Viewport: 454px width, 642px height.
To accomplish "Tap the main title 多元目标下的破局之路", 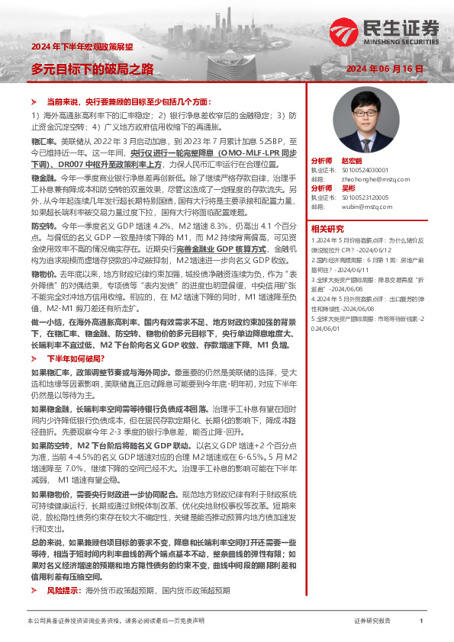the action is (92, 69).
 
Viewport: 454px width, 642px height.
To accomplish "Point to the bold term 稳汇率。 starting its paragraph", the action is (43, 141).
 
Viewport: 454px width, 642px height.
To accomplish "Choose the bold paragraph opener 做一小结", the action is (47, 301).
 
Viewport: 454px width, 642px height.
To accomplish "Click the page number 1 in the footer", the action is (421, 621).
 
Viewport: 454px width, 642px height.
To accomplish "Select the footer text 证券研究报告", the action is (372, 621).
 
